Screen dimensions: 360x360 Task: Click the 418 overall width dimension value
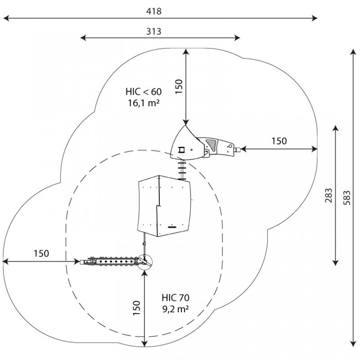coord(154,11)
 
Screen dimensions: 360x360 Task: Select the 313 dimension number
coord(154,31)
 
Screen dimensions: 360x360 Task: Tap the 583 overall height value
coord(347,198)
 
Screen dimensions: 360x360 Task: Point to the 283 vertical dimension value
coord(329,195)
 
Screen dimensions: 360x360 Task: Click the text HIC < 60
coord(143,91)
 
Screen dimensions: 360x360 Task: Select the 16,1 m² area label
coord(143,103)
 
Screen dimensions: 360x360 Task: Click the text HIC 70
coord(176,298)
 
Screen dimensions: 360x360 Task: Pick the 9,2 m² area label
coord(176,309)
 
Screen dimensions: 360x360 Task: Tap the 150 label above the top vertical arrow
coord(179,87)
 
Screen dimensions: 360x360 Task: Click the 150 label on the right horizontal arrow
coord(279,141)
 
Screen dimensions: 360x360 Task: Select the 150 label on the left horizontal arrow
coord(41,254)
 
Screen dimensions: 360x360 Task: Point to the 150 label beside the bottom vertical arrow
coord(136,308)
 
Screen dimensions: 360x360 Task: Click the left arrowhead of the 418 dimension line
coord(6,18)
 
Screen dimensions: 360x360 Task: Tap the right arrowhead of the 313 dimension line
coord(237,38)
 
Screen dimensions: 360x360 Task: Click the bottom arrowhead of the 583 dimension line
coord(353,344)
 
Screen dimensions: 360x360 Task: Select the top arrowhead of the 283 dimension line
coord(336,128)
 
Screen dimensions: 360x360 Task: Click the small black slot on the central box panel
coord(172,227)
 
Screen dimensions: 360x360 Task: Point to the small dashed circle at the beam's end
coord(145,262)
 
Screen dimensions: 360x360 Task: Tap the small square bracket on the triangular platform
coord(182,150)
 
